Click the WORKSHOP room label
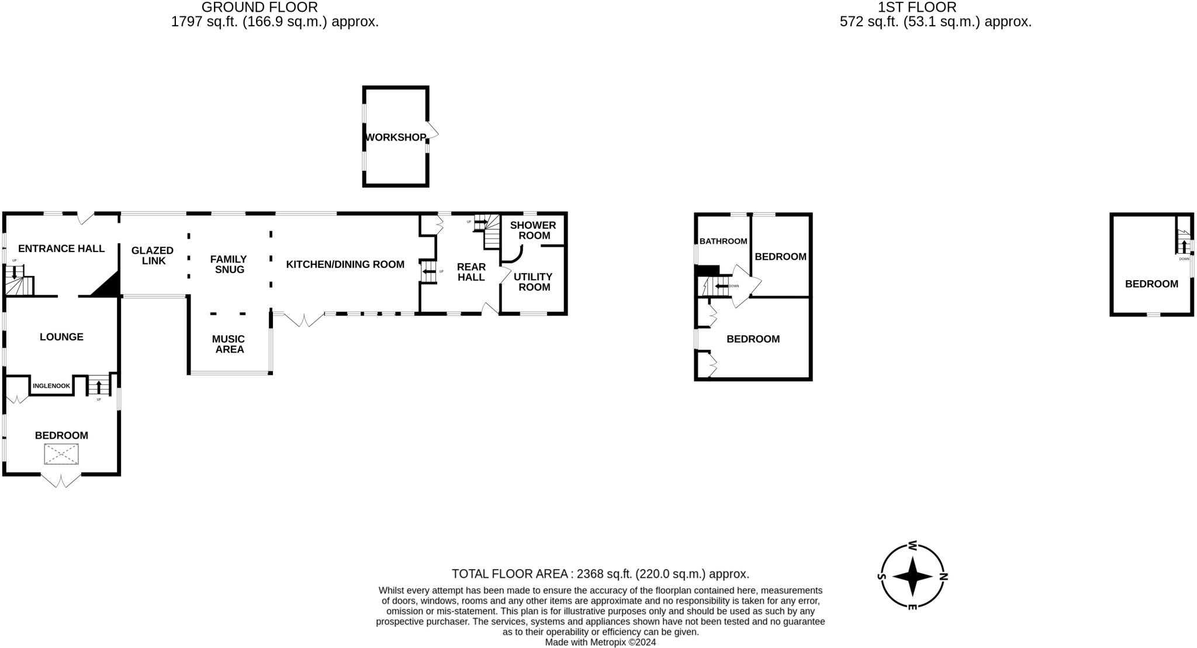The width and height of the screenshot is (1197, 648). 396,137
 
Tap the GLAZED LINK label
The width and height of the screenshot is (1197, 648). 153,256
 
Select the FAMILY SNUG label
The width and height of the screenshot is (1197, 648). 229,264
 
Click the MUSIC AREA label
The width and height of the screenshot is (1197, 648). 229,344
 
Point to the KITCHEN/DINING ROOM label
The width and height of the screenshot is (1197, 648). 345,264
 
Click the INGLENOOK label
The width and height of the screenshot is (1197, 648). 51,386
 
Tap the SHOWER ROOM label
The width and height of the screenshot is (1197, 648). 533,230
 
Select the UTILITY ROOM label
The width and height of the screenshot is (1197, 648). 534,282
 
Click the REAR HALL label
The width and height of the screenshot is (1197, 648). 471,272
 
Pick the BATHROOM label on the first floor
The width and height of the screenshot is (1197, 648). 723,241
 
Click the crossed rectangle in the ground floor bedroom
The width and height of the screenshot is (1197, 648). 61,454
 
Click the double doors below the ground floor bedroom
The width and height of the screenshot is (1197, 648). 61,481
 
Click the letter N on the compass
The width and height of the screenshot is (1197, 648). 943,577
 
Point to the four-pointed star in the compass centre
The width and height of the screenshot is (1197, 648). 912,577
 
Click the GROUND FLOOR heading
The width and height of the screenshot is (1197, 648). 260,8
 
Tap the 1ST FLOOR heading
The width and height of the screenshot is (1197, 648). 917,8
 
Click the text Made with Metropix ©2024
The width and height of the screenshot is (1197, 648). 600,642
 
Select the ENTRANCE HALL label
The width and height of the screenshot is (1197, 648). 61,249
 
